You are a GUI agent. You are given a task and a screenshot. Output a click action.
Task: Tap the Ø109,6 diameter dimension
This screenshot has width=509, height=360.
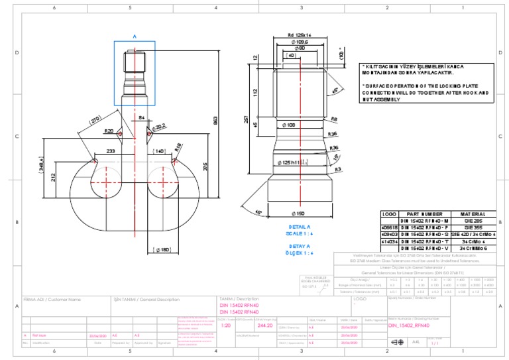pos(300,42)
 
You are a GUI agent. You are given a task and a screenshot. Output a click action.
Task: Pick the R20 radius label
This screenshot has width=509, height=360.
pos(109,131)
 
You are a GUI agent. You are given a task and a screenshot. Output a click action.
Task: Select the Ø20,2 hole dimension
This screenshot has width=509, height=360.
pos(160,126)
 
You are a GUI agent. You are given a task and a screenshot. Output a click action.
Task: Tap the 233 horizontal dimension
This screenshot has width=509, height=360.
pos(110,151)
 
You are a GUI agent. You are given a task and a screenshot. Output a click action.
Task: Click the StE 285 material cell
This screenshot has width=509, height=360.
pos(476,221)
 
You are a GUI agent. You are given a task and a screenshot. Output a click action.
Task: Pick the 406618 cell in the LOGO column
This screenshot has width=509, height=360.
pos(389,227)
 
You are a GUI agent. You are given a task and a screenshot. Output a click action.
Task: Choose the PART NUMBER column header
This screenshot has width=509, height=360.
pos(424,214)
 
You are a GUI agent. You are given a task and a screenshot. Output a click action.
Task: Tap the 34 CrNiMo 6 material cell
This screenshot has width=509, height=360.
pos(476,248)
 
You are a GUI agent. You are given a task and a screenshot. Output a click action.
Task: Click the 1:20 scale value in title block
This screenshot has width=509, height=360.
pos(225,326)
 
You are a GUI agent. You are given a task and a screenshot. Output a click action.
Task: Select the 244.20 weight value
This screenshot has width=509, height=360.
pos(264,326)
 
